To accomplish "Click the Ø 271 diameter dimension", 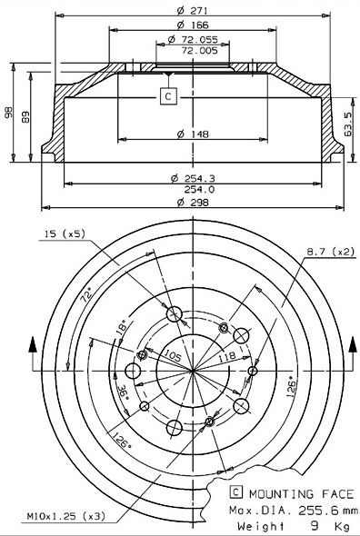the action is [x=193, y=11].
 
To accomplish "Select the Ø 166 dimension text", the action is [x=193, y=25].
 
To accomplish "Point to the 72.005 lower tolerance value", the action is [x=199, y=51].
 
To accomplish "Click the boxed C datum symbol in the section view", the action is [x=168, y=96].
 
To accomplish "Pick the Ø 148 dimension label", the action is [x=193, y=134].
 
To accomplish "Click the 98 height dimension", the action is [x=8, y=113].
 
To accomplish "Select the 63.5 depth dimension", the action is [x=348, y=124].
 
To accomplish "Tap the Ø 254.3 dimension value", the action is [x=193, y=178].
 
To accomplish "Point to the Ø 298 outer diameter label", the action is [x=193, y=203].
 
